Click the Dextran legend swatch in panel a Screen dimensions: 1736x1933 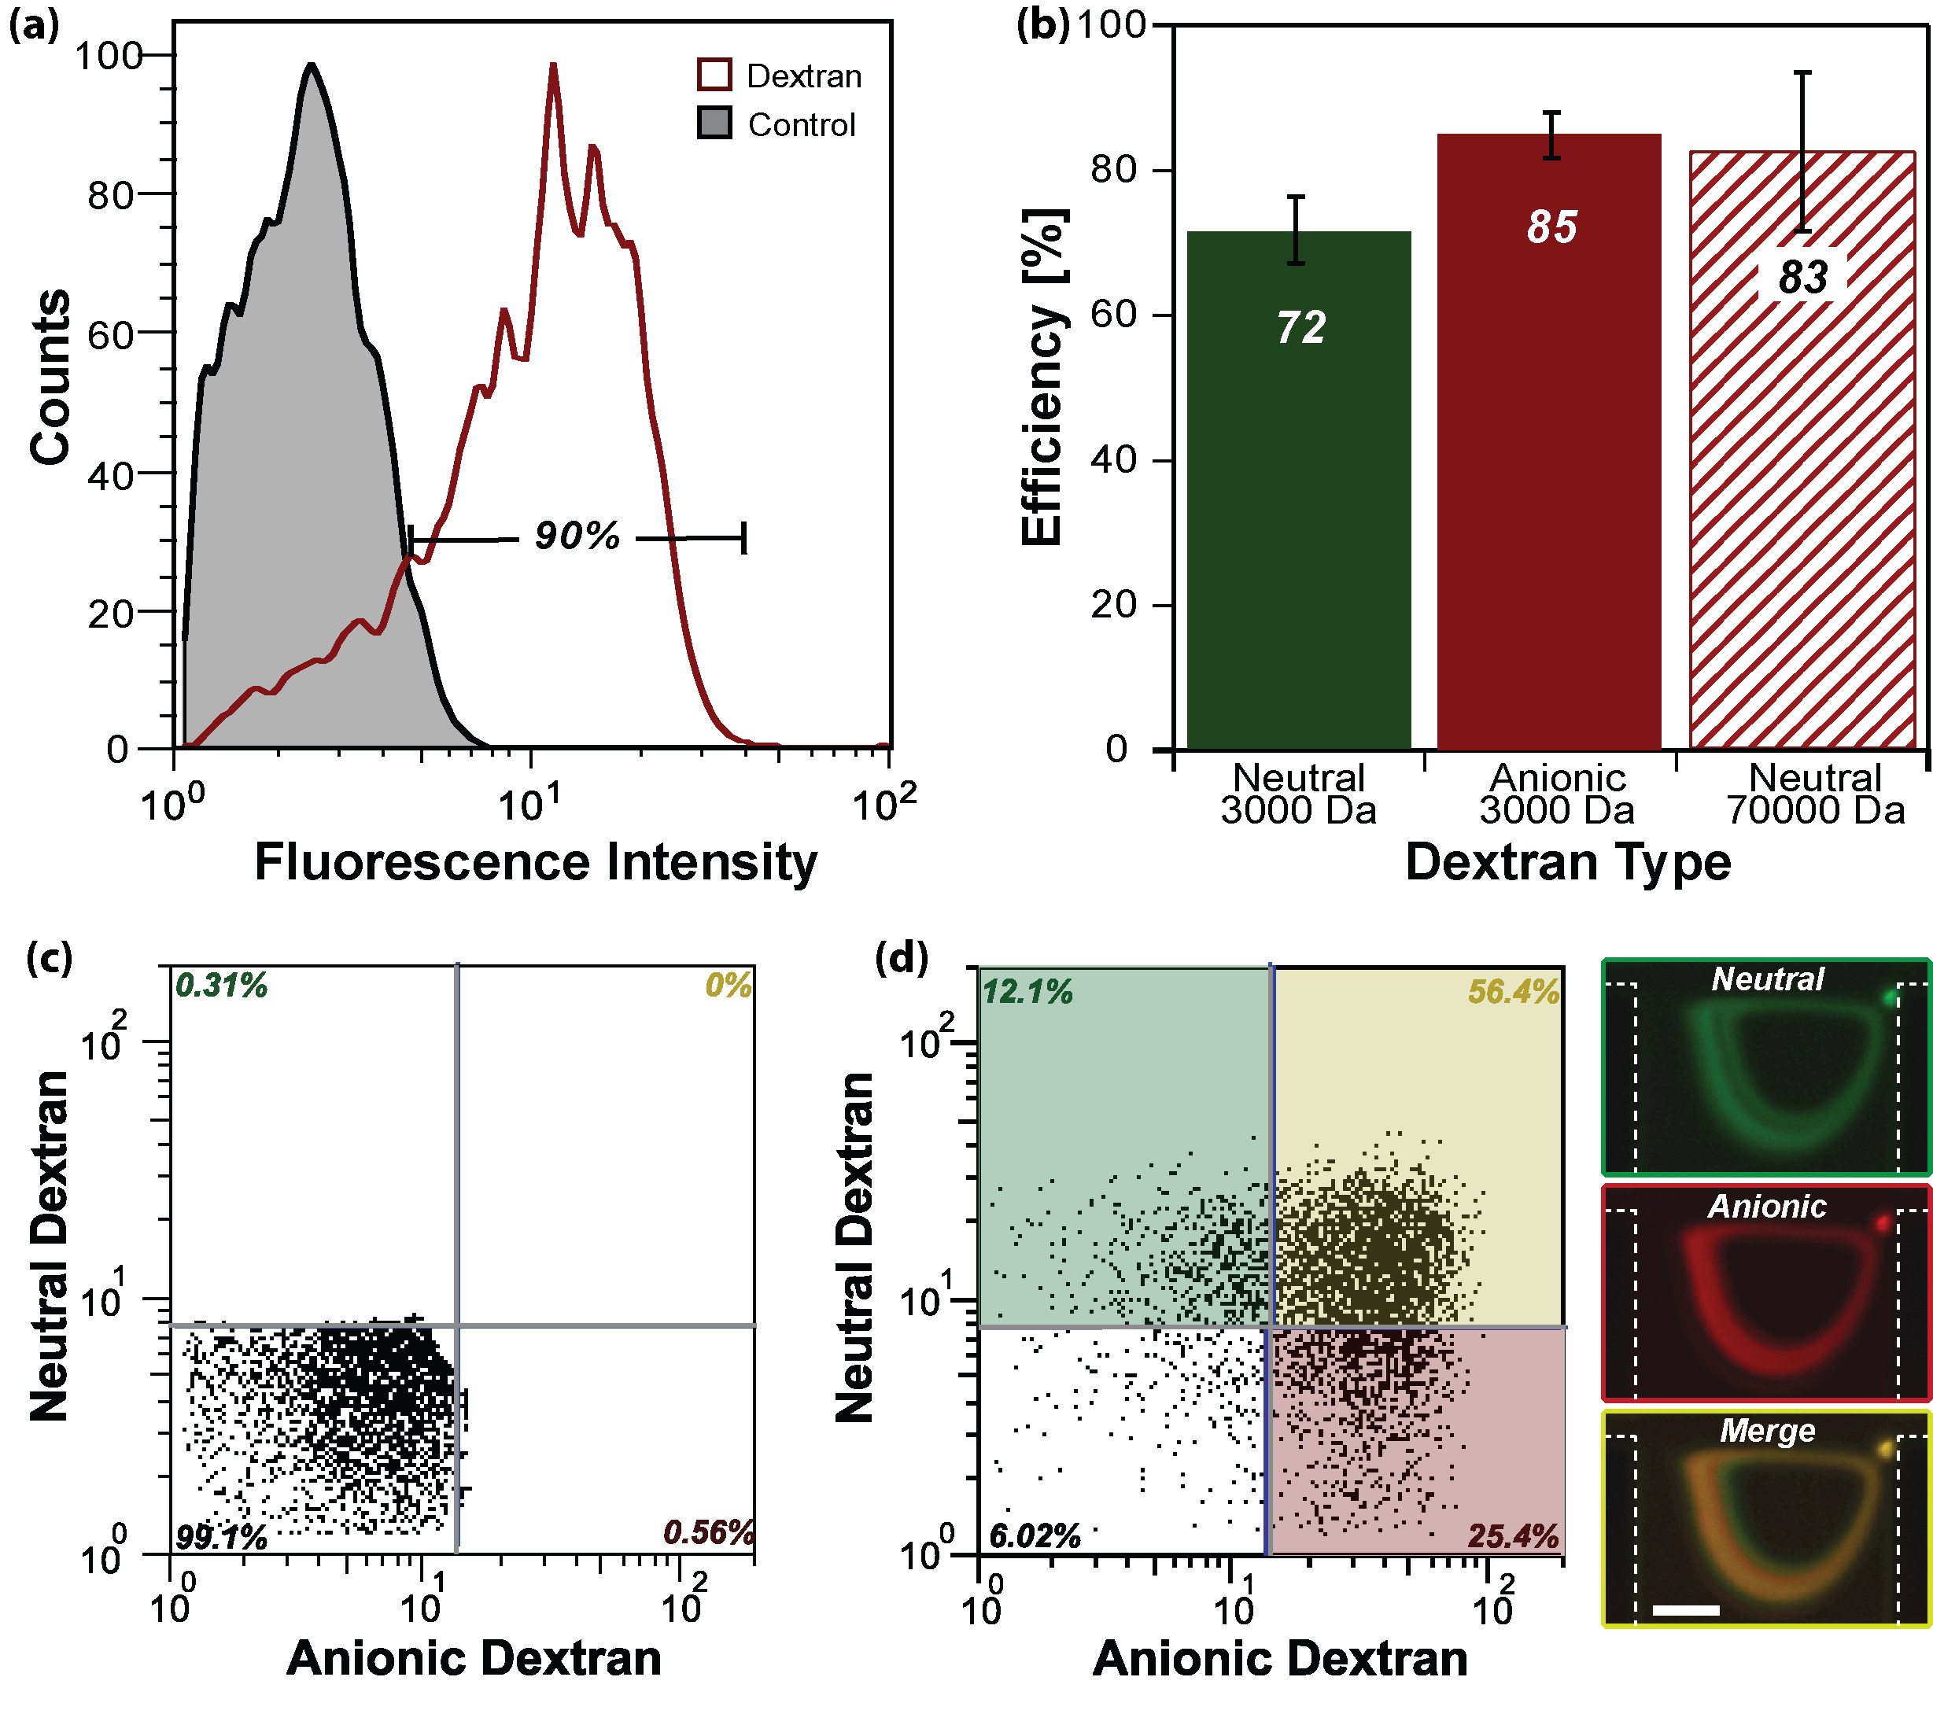click(714, 75)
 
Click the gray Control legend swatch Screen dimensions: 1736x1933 click(714, 123)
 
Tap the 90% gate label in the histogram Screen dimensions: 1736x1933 click(576, 536)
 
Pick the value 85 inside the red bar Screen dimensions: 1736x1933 click(1551, 227)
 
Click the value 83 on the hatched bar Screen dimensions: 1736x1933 click(1802, 278)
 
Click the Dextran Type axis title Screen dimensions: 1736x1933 click(1568, 862)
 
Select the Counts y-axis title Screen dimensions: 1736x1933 click(50, 377)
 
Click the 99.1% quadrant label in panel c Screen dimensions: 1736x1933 click(221, 1537)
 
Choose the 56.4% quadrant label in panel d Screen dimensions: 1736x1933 click(1512, 992)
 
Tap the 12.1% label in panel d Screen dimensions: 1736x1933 click(1027, 992)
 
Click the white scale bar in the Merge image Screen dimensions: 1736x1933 click(1685, 1610)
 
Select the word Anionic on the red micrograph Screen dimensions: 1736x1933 click(1767, 1207)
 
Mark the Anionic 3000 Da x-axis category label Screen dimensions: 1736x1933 click(1557, 794)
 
